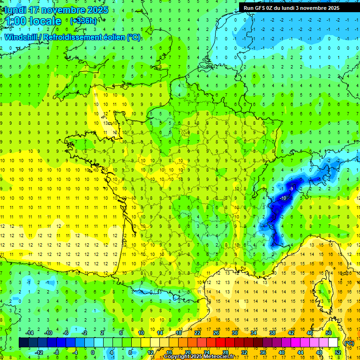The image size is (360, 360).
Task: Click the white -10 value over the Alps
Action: (x=283, y=198)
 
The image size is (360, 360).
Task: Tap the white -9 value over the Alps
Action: (x=291, y=188)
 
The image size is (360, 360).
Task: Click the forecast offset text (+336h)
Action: (x=83, y=21)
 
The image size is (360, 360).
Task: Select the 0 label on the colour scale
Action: (x=92, y=352)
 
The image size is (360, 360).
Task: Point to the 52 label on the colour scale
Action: (x=338, y=352)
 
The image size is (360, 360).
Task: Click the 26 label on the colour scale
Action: (x=216, y=333)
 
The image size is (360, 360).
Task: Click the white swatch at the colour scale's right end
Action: (x=333, y=343)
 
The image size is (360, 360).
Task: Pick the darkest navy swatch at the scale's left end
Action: (x=23, y=343)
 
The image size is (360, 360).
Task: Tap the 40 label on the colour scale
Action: (x=282, y=352)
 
